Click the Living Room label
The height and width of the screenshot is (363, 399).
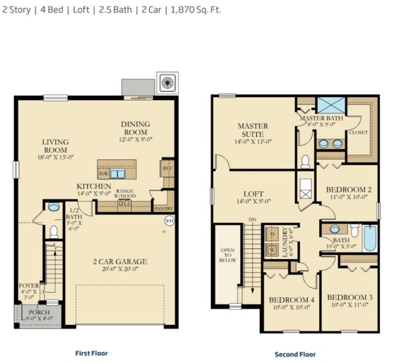click(x=55, y=146)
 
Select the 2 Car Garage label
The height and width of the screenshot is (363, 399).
click(x=120, y=261)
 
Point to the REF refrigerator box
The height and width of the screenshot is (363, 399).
click(x=166, y=166)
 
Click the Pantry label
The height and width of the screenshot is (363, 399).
click(x=163, y=209)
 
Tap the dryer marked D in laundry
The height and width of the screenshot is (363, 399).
click(x=272, y=234)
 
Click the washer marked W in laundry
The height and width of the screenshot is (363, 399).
click(x=272, y=250)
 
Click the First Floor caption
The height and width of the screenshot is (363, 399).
click(x=92, y=353)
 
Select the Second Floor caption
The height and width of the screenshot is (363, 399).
click(x=295, y=354)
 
